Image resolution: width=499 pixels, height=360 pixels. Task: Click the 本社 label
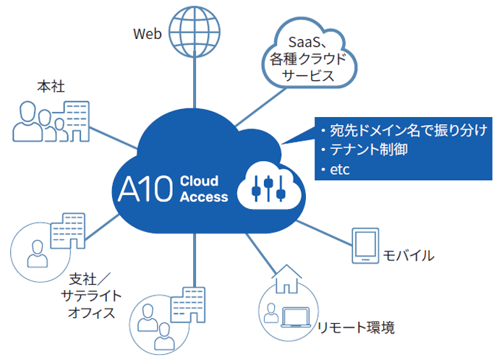(x=51, y=87)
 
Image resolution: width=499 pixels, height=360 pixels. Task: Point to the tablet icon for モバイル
(x=365, y=247)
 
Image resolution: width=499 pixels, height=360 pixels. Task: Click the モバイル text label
(x=408, y=255)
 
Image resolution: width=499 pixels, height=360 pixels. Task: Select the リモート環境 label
(x=357, y=327)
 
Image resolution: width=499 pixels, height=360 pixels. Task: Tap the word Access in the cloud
(x=203, y=196)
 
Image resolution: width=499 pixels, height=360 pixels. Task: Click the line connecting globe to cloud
(x=195, y=83)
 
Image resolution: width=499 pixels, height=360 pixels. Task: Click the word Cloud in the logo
(x=199, y=181)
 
